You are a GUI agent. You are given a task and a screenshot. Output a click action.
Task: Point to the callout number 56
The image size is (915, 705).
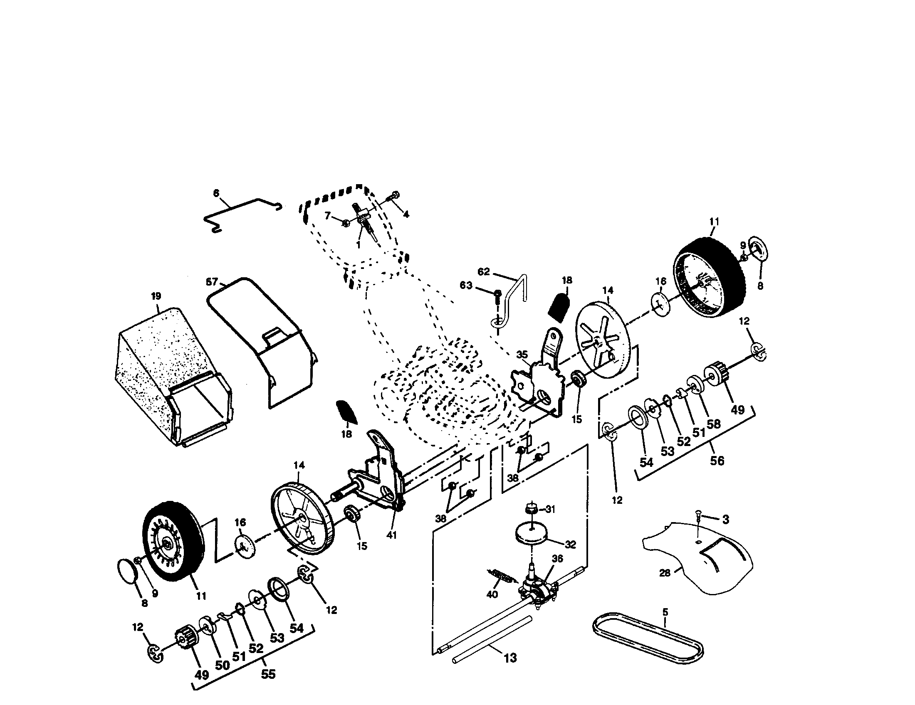717,461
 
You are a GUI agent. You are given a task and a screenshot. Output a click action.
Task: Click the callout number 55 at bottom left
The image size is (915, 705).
268,674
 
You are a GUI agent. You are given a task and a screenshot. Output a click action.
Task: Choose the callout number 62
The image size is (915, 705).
483,272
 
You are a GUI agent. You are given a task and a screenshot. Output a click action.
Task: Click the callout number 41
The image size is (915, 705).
391,535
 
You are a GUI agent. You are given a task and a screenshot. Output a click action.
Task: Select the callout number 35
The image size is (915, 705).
522,355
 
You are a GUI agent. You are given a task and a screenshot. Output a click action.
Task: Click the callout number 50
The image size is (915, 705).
222,664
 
